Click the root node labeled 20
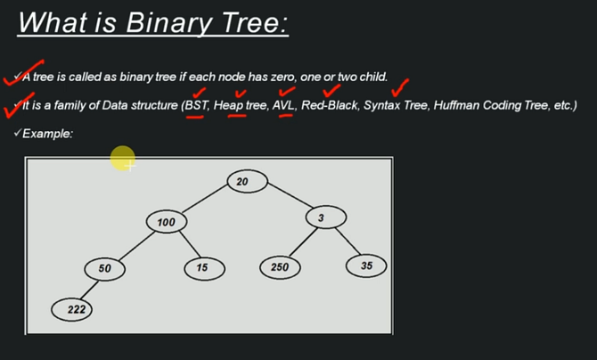(242, 182)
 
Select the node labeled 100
(167, 221)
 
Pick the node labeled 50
(104, 268)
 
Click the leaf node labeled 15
(204, 267)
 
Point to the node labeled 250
(280, 267)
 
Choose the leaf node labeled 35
(366, 266)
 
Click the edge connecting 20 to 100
(205, 201)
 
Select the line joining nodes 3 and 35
(347, 241)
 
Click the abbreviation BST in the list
(195, 106)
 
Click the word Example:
(47, 133)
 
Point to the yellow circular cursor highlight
(123, 160)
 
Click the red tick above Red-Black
(331, 89)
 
